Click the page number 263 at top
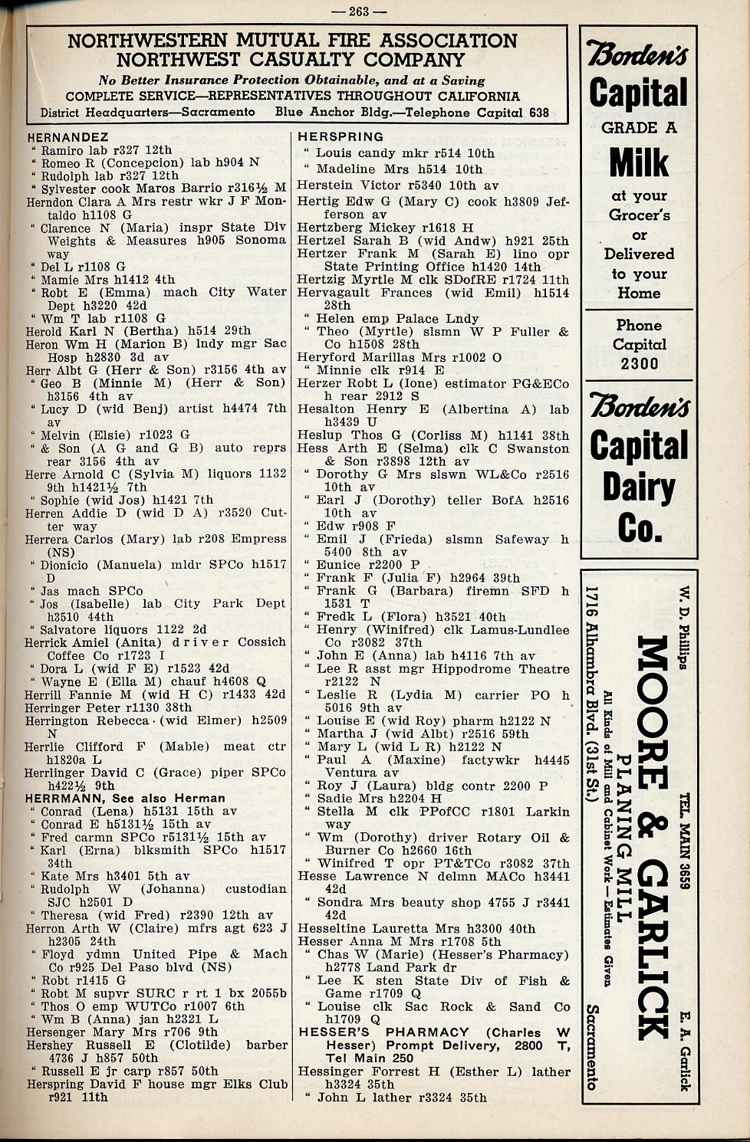(x=369, y=11)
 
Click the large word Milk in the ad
(x=639, y=162)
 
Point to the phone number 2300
(x=640, y=363)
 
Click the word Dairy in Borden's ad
(x=639, y=487)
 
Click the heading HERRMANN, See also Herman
(x=126, y=799)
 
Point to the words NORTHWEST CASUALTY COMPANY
(x=291, y=60)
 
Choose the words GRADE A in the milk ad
(x=639, y=128)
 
